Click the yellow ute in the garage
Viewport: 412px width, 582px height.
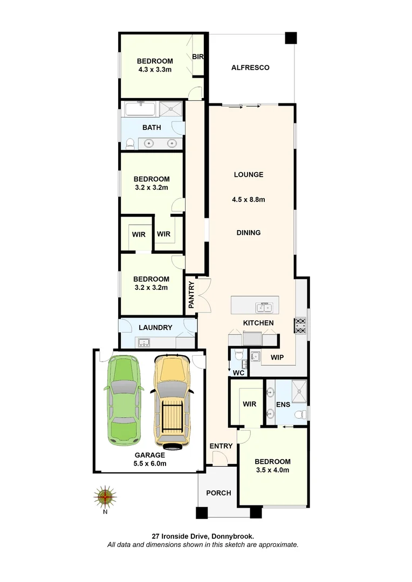(172, 401)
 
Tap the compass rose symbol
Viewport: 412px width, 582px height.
(105, 496)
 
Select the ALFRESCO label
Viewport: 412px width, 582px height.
(250, 67)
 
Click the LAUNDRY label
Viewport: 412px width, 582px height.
(155, 328)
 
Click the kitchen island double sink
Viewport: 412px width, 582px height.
(264, 308)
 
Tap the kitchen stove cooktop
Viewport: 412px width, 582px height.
(300, 327)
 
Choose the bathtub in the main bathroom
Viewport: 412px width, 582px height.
(141, 109)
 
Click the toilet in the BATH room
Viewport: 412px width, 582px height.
(129, 143)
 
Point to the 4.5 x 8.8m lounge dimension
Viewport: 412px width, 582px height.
(249, 199)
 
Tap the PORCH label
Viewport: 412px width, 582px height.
(218, 493)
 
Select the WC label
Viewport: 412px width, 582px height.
(238, 372)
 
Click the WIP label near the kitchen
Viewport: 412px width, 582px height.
(277, 357)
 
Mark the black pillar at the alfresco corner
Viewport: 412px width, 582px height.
(291, 38)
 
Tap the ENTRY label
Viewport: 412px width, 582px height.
(221, 446)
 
